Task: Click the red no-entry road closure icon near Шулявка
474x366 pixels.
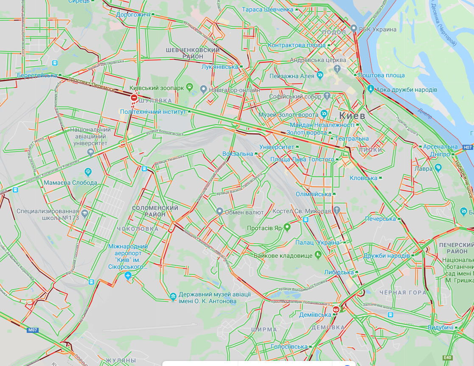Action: click(x=134, y=98)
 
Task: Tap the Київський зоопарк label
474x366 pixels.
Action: click(x=157, y=87)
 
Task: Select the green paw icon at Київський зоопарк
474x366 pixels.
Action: click(x=190, y=87)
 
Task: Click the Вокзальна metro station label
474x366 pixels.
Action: click(x=237, y=154)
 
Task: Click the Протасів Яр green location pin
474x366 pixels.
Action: click(x=287, y=227)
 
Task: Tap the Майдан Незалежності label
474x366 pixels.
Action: click(x=322, y=125)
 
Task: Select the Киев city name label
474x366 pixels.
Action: click(x=352, y=115)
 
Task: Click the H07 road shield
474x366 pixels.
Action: click(x=467, y=147)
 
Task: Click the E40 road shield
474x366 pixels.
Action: click(x=448, y=358)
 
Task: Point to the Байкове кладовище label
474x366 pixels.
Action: click(x=283, y=256)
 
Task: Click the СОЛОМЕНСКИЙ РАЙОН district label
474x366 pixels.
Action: click(x=155, y=211)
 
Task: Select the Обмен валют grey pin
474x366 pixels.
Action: click(x=219, y=211)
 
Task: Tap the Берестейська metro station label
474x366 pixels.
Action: click(x=37, y=75)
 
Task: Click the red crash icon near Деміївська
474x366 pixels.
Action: click(x=336, y=310)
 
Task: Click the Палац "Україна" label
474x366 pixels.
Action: click(x=318, y=242)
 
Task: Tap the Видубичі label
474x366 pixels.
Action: click(x=440, y=328)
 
